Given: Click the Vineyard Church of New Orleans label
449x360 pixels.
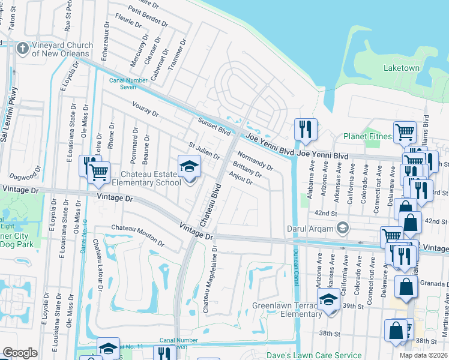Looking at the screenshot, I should point(62,49).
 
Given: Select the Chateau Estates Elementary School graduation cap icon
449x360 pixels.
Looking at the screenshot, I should point(189,166).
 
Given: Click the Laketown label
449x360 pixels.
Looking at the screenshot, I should point(402,68).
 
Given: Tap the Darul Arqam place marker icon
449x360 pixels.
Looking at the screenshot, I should point(343,227).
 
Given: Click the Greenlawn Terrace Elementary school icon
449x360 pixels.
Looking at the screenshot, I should point(328,300).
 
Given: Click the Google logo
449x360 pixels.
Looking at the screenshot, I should point(20,353).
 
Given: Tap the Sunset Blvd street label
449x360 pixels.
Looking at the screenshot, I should point(214,126).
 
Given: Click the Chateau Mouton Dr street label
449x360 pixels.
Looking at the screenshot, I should point(137,235).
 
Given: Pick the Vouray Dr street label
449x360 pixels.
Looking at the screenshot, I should point(145,109).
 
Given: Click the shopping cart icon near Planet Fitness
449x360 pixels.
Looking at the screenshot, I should point(405,131).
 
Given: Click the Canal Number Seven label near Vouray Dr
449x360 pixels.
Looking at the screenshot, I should point(123,82).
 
